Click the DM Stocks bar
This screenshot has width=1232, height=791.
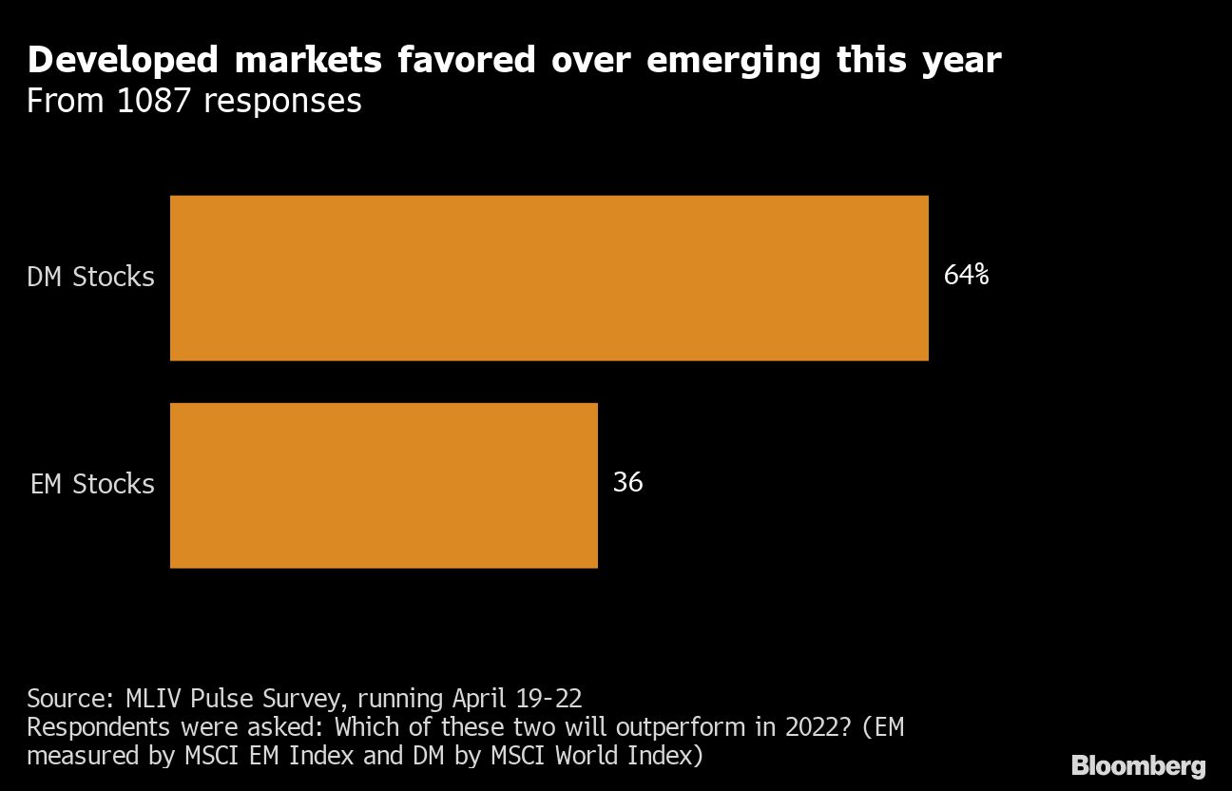tap(549, 278)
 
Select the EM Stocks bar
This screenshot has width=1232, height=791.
tap(383, 485)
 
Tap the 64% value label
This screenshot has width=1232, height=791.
tap(966, 276)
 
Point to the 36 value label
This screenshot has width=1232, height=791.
tap(627, 483)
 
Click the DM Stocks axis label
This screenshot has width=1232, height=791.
tap(90, 277)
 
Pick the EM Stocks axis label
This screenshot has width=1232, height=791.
tap(92, 484)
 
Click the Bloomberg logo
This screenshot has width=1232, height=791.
tap(1138, 766)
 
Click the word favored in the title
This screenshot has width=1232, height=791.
tap(451, 61)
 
